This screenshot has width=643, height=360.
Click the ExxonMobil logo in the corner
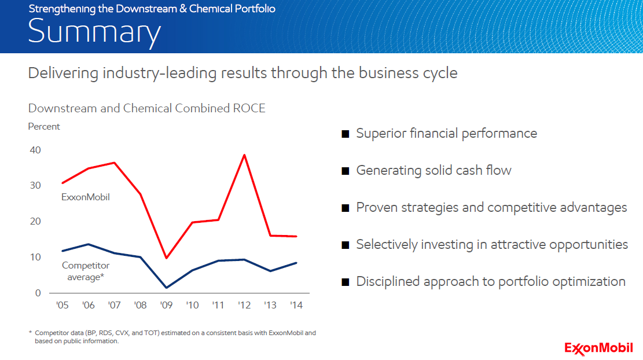598,348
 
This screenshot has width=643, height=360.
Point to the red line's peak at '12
244,155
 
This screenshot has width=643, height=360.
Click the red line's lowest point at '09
166,258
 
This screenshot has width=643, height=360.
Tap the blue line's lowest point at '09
166,288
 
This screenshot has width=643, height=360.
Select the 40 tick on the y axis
35,150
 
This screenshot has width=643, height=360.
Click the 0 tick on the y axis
38,293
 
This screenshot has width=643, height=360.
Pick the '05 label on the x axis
63,305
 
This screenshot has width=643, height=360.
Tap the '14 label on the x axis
296,305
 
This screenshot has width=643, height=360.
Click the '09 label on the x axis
166,305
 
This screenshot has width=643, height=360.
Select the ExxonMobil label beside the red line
85,197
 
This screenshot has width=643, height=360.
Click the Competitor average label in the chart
86,271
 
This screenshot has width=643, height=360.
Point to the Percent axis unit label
44,127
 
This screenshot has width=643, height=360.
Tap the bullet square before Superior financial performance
346,134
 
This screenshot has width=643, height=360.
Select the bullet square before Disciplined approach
346,282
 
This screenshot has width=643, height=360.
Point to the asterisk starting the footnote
30,332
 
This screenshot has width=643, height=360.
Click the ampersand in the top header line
183,9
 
